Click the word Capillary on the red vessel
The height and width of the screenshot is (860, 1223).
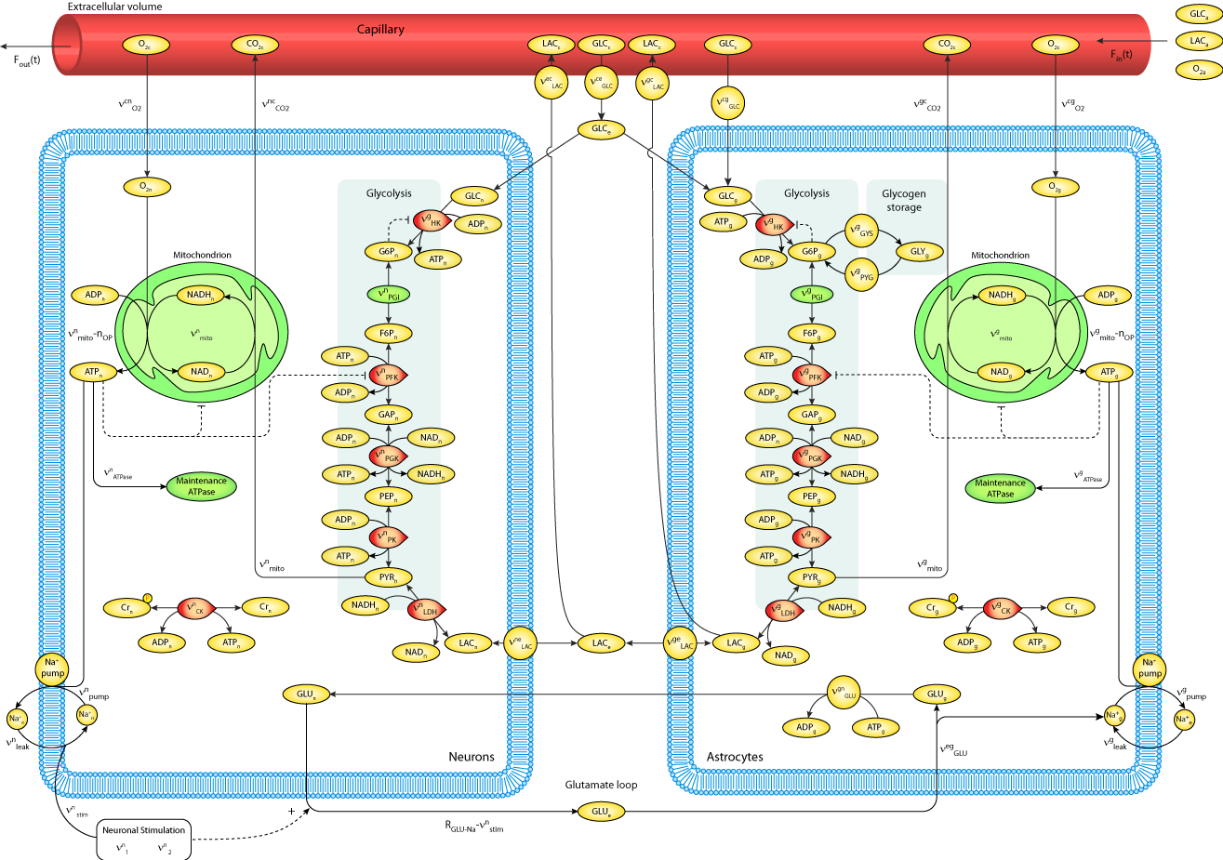tap(380, 29)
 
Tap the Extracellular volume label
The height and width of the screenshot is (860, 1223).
tap(114, 7)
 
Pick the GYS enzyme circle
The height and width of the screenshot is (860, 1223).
tap(862, 232)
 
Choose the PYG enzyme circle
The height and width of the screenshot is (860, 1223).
tap(862, 275)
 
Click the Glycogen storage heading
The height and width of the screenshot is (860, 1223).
tap(903, 200)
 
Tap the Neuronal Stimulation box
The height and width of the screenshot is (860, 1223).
tap(144, 830)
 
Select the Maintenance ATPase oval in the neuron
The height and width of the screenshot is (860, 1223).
tap(201, 486)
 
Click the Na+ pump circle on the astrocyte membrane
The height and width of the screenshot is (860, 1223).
tap(1150, 668)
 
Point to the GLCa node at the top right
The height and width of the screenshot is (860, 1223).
tap(1198, 14)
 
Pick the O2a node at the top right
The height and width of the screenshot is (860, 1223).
tap(1198, 69)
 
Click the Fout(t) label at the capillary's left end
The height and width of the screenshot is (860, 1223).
tap(27, 60)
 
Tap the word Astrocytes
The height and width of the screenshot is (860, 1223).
tap(735, 757)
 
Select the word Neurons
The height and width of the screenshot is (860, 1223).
tap(472, 757)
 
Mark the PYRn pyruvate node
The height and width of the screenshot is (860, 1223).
tap(389, 577)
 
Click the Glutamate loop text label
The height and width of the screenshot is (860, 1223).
tap(601, 785)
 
